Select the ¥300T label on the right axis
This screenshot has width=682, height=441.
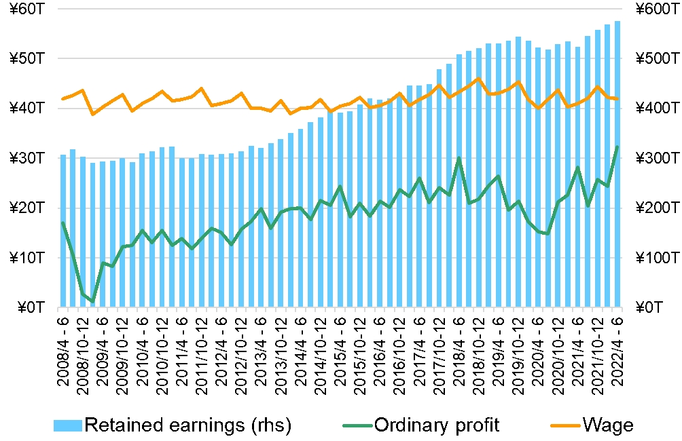pos(656,158)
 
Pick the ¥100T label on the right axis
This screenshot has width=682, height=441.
pos(656,258)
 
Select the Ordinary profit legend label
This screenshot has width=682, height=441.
pos(437,425)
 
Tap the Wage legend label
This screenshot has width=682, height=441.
pos(608,425)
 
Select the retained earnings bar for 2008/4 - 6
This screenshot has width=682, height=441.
pos(63,231)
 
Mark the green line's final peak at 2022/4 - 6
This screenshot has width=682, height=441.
pos(617,147)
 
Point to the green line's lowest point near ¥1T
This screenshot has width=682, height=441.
pos(92,301)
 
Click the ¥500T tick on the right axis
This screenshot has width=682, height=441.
pos(656,58)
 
